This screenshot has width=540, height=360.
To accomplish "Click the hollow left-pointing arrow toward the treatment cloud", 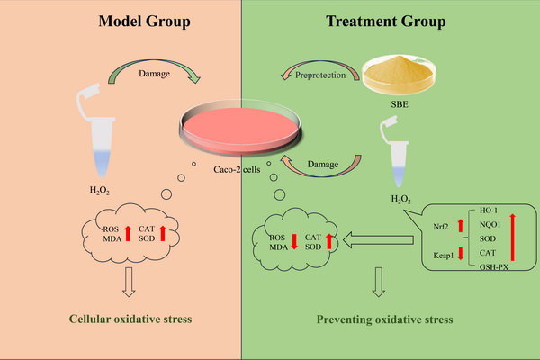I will tap(380, 239).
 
